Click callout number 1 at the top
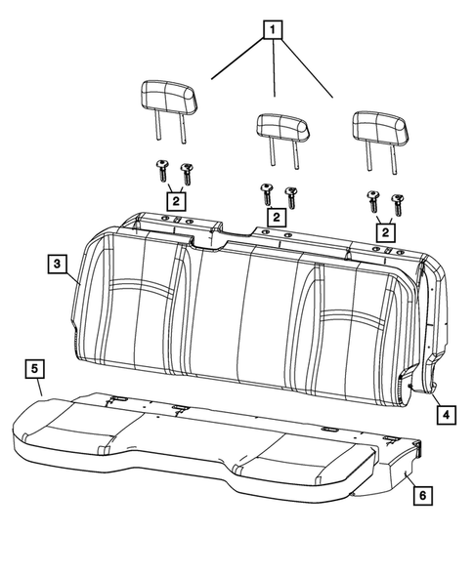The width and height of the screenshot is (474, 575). (x=272, y=28)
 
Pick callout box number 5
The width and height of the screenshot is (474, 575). (x=34, y=368)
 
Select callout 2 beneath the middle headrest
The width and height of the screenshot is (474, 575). (x=278, y=216)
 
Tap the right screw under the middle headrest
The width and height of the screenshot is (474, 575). (x=290, y=194)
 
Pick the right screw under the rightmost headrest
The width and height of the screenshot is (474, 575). (x=397, y=205)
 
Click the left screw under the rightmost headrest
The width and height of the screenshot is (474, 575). (x=372, y=201)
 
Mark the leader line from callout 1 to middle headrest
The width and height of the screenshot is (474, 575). (x=274, y=68)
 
